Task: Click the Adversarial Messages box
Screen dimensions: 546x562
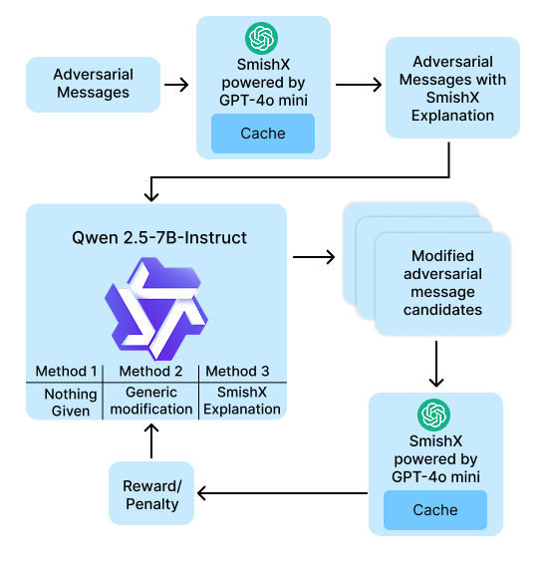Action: tap(93, 85)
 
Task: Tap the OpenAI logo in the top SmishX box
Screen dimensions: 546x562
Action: tap(261, 38)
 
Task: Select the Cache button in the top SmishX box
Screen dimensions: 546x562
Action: tap(263, 134)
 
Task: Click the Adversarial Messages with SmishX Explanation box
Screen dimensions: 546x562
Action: tap(452, 88)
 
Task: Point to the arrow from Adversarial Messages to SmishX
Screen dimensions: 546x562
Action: tap(176, 85)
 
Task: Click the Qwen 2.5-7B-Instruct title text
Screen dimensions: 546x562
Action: tap(159, 237)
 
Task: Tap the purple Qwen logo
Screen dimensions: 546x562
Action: tap(156, 309)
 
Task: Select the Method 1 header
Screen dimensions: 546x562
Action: tap(67, 371)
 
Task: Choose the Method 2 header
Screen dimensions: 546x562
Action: tap(150, 371)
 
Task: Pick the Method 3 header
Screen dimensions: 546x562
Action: tap(237, 371)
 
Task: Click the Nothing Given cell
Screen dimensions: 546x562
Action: tap(71, 403)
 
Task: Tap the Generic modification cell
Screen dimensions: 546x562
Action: tap(150, 401)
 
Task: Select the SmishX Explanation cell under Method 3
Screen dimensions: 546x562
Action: tap(242, 401)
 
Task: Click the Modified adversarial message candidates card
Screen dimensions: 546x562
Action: tap(442, 283)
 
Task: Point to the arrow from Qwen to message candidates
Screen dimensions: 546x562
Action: tap(314, 257)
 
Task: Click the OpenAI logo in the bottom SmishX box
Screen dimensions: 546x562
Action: tap(433, 416)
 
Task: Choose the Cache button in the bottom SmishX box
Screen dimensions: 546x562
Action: tap(435, 510)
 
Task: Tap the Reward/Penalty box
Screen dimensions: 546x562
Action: tap(151, 493)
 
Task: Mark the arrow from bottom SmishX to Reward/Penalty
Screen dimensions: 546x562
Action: tap(282, 493)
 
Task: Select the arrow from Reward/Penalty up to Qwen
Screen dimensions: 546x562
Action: tap(151, 440)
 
